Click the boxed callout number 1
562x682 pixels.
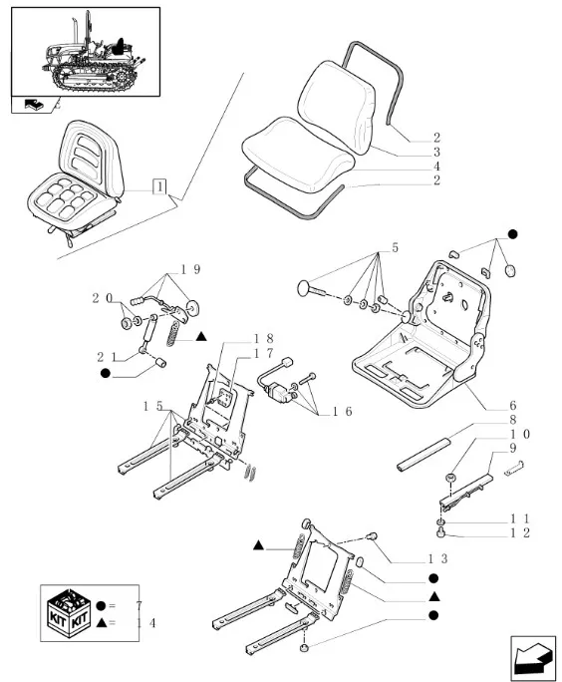click(160, 186)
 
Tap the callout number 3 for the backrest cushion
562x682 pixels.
click(436, 152)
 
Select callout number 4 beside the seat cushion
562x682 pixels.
click(436, 167)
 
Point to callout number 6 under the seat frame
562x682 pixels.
click(513, 406)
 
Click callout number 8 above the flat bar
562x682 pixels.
click(513, 420)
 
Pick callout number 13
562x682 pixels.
click(437, 558)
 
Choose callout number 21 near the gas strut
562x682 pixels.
click(107, 357)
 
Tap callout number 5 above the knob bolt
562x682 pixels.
click(395, 247)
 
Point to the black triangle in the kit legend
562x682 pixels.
click(102, 623)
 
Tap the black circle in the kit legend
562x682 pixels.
click(101, 605)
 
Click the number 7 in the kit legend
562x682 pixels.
click(139, 605)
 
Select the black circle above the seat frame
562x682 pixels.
click(513, 234)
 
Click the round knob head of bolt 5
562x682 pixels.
click(303, 288)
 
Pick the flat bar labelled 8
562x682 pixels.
click(422, 456)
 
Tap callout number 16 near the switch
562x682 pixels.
click(343, 412)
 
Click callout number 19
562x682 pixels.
click(190, 269)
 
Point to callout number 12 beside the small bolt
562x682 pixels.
click(520, 532)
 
